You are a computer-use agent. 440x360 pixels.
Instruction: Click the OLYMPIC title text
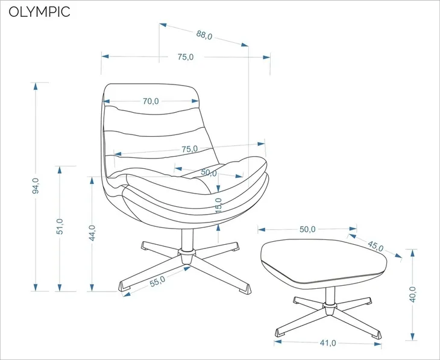coord(39,12)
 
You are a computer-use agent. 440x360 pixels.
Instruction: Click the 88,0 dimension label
coord(204,35)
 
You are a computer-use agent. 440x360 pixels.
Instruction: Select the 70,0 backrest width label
coord(151,101)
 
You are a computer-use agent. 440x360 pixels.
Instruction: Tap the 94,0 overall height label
coord(36,186)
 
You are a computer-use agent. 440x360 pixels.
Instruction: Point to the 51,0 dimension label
coord(60,226)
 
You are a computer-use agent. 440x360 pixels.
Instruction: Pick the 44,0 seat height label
coord(92,233)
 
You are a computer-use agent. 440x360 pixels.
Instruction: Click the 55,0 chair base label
coord(157,282)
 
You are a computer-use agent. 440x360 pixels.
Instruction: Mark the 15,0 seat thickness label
coord(219,206)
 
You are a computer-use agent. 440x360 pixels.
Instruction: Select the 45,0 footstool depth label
coord(376,246)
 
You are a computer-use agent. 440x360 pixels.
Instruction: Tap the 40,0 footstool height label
coord(412,294)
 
